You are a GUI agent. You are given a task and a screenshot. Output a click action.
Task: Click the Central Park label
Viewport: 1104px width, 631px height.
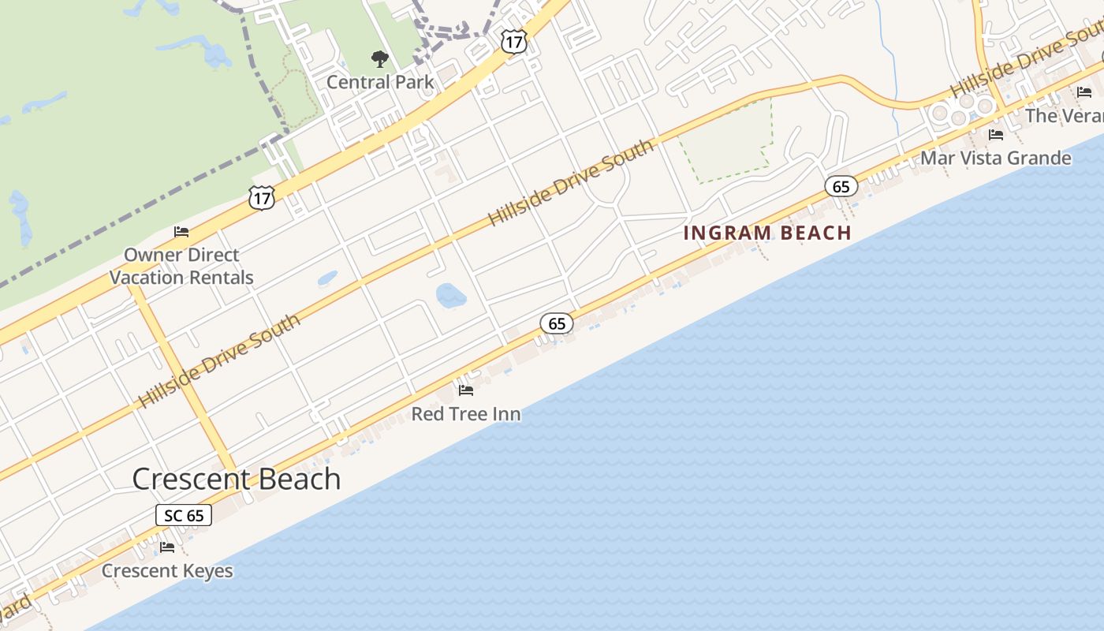click(x=380, y=82)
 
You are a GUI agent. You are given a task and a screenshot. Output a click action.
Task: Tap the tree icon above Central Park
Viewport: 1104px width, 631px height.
click(x=380, y=58)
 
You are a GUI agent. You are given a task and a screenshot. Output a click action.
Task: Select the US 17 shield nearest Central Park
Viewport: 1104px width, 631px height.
click(x=513, y=42)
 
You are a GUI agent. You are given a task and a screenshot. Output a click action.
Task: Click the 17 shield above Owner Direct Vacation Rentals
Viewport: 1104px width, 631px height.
click(x=262, y=198)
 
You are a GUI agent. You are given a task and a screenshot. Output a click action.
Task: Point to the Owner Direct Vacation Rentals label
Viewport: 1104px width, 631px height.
click(x=181, y=266)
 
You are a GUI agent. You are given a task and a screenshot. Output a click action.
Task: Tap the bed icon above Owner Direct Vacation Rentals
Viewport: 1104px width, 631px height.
click(x=181, y=232)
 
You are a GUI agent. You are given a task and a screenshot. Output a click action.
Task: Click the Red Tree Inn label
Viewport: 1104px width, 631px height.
click(x=466, y=414)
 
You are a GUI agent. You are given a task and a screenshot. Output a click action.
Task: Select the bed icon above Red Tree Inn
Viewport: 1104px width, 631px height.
click(x=466, y=390)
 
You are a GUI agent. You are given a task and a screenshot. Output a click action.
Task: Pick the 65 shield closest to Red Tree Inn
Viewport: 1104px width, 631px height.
click(x=557, y=323)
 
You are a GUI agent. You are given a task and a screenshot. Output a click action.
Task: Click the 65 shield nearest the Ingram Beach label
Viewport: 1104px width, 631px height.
click(x=841, y=187)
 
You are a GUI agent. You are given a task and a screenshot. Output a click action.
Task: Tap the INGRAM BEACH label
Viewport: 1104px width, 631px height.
click(x=767, y=233)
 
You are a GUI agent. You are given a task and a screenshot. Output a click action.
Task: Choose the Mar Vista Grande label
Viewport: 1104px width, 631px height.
click(x=996, y=159)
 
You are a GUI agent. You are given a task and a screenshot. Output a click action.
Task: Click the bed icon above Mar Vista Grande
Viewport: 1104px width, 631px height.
click(x=996, y=135)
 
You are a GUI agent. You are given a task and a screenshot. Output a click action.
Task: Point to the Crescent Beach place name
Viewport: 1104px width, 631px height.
click(x=237, y=479)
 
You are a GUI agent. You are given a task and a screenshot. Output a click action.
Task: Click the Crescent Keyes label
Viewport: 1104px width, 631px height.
click(x=167, y=571)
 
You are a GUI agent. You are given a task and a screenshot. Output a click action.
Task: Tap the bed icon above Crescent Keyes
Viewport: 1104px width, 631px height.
click(x=167, y=547)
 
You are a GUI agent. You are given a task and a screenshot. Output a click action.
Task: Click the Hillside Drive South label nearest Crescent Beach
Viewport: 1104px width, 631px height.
click(x=219, y=361)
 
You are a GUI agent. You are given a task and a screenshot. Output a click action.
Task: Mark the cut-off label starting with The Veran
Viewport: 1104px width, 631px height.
click(x=1064, y=116)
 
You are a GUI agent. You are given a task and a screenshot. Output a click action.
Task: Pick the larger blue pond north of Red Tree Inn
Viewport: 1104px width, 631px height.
click(x=451, y=296)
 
